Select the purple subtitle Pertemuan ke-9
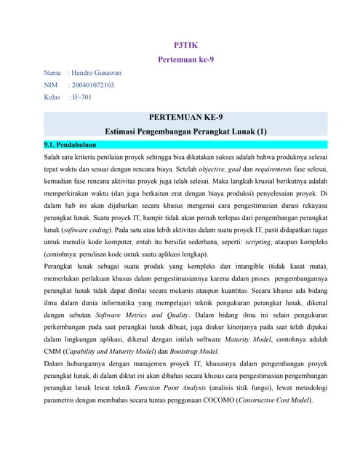point(185,60)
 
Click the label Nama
point(52,73)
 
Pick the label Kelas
point(53,97)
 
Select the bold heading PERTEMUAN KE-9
point(185,117)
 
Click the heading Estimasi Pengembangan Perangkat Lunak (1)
point(186,132)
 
